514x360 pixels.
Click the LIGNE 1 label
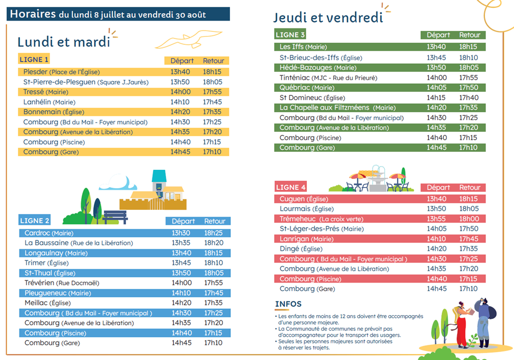point(34,60)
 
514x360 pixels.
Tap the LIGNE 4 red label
point(291,187)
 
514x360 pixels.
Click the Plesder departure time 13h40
point(180,72)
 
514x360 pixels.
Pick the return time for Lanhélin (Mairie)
point(212,102)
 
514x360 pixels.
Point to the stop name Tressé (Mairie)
point(46,92)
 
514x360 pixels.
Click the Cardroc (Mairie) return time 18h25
point(214,233)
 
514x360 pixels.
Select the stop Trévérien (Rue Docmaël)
point(62,283)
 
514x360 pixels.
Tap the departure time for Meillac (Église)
point(181,303)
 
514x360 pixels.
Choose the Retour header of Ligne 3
point(469,35)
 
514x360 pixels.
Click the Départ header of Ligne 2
point(183,221)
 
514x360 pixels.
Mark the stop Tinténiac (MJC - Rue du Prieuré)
point(328,77)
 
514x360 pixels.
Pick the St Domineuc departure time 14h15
point(436,98)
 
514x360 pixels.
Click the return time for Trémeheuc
point(469,219)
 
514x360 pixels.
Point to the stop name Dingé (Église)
point(301,249)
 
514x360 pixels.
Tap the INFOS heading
point(288,304)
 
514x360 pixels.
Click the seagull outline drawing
point(189,40)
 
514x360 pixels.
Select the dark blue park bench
point(115,217)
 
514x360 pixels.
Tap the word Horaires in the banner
point(33,14)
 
